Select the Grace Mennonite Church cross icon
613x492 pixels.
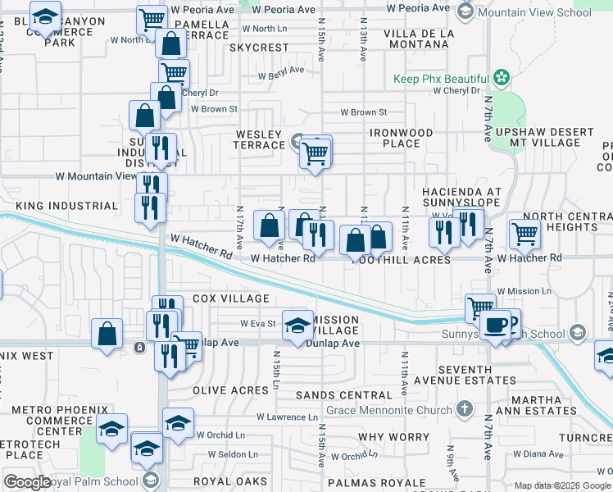[465, 408]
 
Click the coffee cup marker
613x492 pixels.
[495, 324]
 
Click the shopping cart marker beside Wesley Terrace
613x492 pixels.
[316, 152]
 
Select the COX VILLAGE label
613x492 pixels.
[231, 298]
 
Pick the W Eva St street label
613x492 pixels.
[257, 324]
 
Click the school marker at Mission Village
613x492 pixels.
[297, 325]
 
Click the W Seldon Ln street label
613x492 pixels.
[234, 453]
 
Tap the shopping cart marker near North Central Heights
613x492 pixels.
[524, 234]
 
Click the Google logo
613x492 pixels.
[28, 481]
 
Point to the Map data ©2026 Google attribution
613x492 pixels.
[562, 485]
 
